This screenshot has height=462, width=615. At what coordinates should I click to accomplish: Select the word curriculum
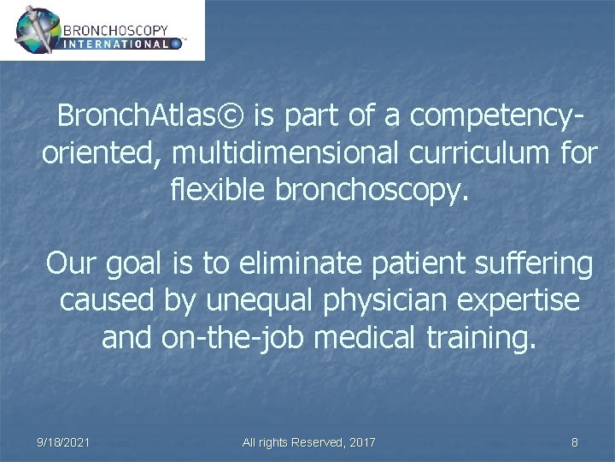coord(498,153)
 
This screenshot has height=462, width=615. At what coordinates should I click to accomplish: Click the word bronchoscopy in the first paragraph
coord(372,190)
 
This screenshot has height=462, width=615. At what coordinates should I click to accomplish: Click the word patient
coord(426,264)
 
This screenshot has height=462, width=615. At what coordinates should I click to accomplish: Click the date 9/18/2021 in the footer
coord(64,442)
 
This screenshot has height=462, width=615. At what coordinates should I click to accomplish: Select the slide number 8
coord(574,442)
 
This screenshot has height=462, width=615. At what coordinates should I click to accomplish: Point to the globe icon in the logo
coord(38,30)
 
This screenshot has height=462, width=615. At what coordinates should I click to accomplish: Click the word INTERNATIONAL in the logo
coord(116,43)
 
